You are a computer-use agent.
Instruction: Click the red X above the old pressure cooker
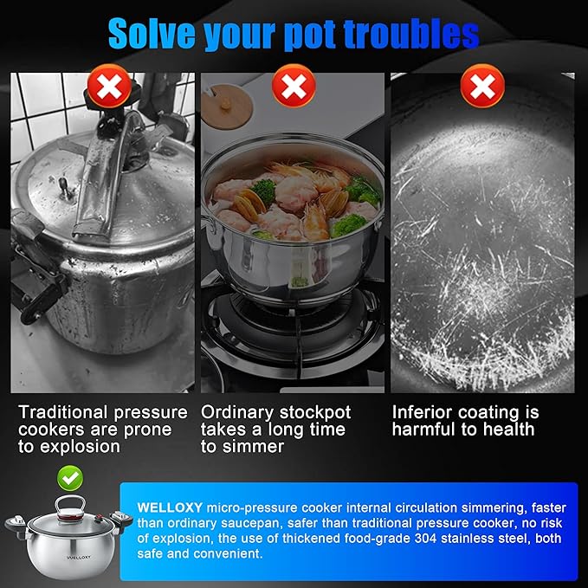[x=109, y=87]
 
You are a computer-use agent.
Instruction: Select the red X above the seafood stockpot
[x=294, y=87]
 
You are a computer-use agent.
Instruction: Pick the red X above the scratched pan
[x=482, y=87]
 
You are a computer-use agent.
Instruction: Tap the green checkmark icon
[x=70, y=478]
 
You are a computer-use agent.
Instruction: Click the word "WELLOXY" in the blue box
[x=170, y=507]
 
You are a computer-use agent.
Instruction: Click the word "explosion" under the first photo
[x=80, y=447]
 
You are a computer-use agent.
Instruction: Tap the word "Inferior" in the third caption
[x=422, y=412]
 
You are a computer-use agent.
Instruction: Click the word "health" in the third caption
[x=508, y=430]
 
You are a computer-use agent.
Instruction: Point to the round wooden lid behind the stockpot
[x=227, y=107]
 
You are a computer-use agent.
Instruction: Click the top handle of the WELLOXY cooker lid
[x=70, y=507]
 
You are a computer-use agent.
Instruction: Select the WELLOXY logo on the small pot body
[x=79, y=558]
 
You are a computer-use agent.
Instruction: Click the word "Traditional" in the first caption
[x=63, y=412]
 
